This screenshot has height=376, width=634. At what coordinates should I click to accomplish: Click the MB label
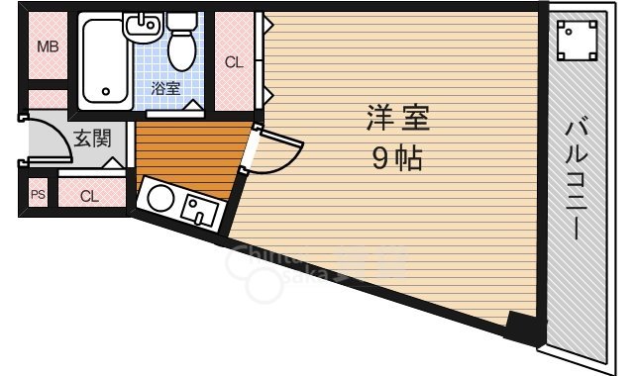pyautogui.click(x=47, y=47)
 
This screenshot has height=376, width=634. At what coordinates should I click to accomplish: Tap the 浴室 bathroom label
pyautogui.click(x=165, y=89)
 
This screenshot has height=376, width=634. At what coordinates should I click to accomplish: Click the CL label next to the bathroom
pyautogui.click(x=234, y=62)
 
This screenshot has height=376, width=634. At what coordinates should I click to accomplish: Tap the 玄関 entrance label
pyautogui.click(x=92, y=139)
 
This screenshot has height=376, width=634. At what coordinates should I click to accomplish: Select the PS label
pyautogui.click(x=39, y=195)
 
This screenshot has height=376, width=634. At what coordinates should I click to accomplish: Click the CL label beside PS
pyautogui.click(x=89, y=195)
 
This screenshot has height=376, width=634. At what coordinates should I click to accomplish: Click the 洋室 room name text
pyautogui.click(x=397, y=122)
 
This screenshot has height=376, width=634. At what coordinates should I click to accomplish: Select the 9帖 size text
pyautogui.click(x=396, y=158)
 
